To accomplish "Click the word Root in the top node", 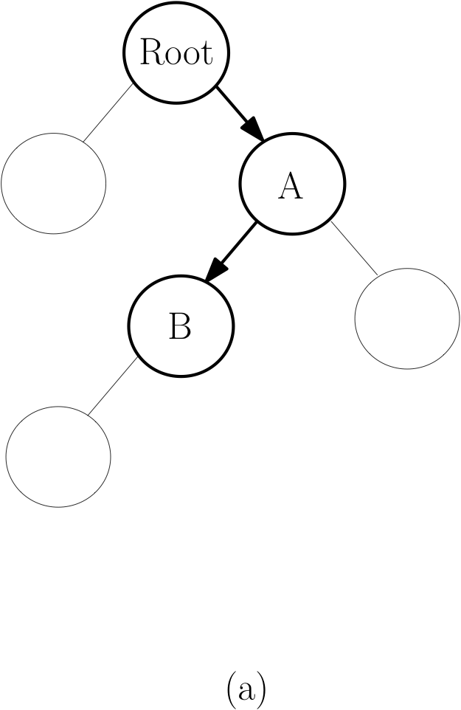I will [x=176, y=52].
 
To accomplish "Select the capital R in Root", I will [x=151, y=52].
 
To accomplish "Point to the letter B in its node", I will [x=180, y=325].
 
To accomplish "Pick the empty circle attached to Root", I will [x=53, y=183].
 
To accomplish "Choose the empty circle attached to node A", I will [x=406, y=318].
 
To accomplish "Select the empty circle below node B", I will [x=58, y=456].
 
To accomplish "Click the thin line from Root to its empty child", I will [x=108, y=112].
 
